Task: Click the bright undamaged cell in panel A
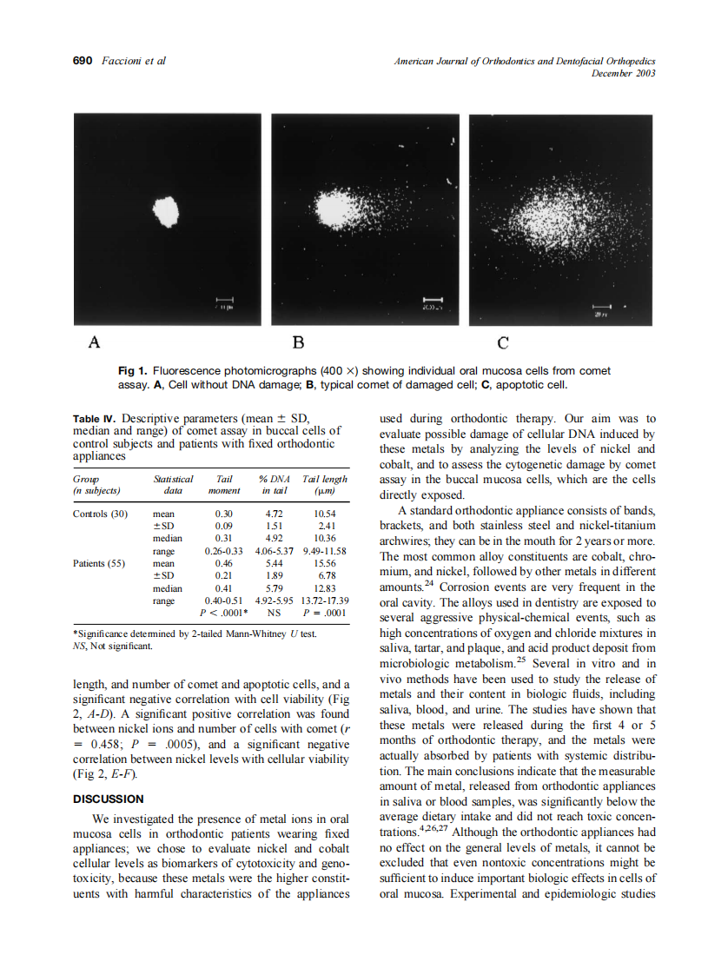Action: click(165, 211)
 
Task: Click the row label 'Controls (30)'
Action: click(101, 514)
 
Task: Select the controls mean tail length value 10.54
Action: click(323, 514)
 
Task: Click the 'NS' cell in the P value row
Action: click(275, 613)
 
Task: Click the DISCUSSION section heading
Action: click(109, 799)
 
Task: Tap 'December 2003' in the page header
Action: click(623, 73)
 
